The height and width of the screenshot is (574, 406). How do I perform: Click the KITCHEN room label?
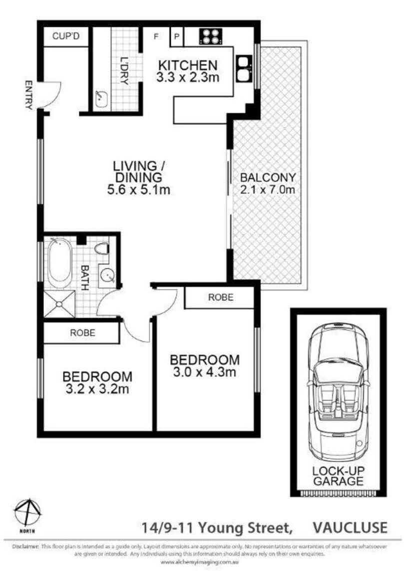tap(187, 65)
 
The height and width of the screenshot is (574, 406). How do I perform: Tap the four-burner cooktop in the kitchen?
tap(210, 36)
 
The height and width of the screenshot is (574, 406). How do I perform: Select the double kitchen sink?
tap(243, 68)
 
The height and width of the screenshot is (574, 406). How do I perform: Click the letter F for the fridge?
tap(156, 36)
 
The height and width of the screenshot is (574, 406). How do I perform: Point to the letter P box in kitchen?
tap(177, 36)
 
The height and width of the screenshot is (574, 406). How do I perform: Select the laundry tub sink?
tap(102, 99)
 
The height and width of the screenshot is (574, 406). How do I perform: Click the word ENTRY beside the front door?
tap(28, 95)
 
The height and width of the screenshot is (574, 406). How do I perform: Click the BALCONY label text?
tap(268, 177)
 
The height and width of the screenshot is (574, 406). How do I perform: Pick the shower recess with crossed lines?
tap(59, 304)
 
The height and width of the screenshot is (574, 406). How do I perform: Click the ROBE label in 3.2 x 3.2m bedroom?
tap(82, 332)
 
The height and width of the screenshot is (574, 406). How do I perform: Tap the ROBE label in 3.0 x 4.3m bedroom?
tap(221, 297)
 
